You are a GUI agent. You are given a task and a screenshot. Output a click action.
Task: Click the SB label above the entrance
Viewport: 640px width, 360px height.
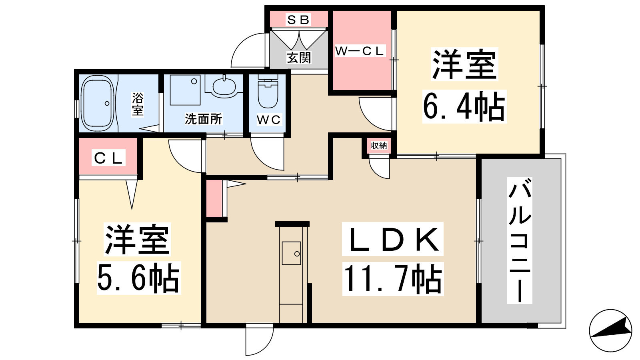click(298, 20)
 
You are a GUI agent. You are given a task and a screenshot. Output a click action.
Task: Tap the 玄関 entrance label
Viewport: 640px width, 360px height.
click(299, 58)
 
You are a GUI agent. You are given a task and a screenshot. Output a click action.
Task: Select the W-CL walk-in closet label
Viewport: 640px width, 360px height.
click(360, 51)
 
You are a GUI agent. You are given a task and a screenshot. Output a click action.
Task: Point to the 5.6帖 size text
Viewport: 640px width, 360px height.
click(138, 278)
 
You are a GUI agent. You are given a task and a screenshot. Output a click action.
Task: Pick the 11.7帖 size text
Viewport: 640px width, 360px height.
click(393, 279)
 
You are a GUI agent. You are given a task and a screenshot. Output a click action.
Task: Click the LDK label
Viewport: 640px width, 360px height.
click(393, 239)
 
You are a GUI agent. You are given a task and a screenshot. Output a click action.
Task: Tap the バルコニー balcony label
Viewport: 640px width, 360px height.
click(520, 240)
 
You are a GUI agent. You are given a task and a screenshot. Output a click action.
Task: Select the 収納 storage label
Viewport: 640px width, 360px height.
click(379, 146)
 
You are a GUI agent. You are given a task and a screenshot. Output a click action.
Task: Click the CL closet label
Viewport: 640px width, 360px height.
click(108, 158)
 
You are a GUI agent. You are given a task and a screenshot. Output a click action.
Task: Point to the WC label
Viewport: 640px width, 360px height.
click(268, 120)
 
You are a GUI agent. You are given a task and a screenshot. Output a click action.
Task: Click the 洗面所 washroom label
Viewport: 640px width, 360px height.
click(204, 119)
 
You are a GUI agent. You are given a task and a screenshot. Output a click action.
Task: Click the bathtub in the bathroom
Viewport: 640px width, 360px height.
click(98, 104)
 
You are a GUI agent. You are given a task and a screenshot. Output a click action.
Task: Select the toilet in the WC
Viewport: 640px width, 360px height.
click(268, 92)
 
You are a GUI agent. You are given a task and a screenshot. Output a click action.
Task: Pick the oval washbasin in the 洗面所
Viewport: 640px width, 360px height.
click(224, 86)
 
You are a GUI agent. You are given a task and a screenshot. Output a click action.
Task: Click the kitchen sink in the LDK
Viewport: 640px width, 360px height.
click(292, 253)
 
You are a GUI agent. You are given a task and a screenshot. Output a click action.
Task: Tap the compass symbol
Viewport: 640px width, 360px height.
click(610, 330)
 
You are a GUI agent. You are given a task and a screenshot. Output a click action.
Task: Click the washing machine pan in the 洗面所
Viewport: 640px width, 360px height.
click(185, 90)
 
